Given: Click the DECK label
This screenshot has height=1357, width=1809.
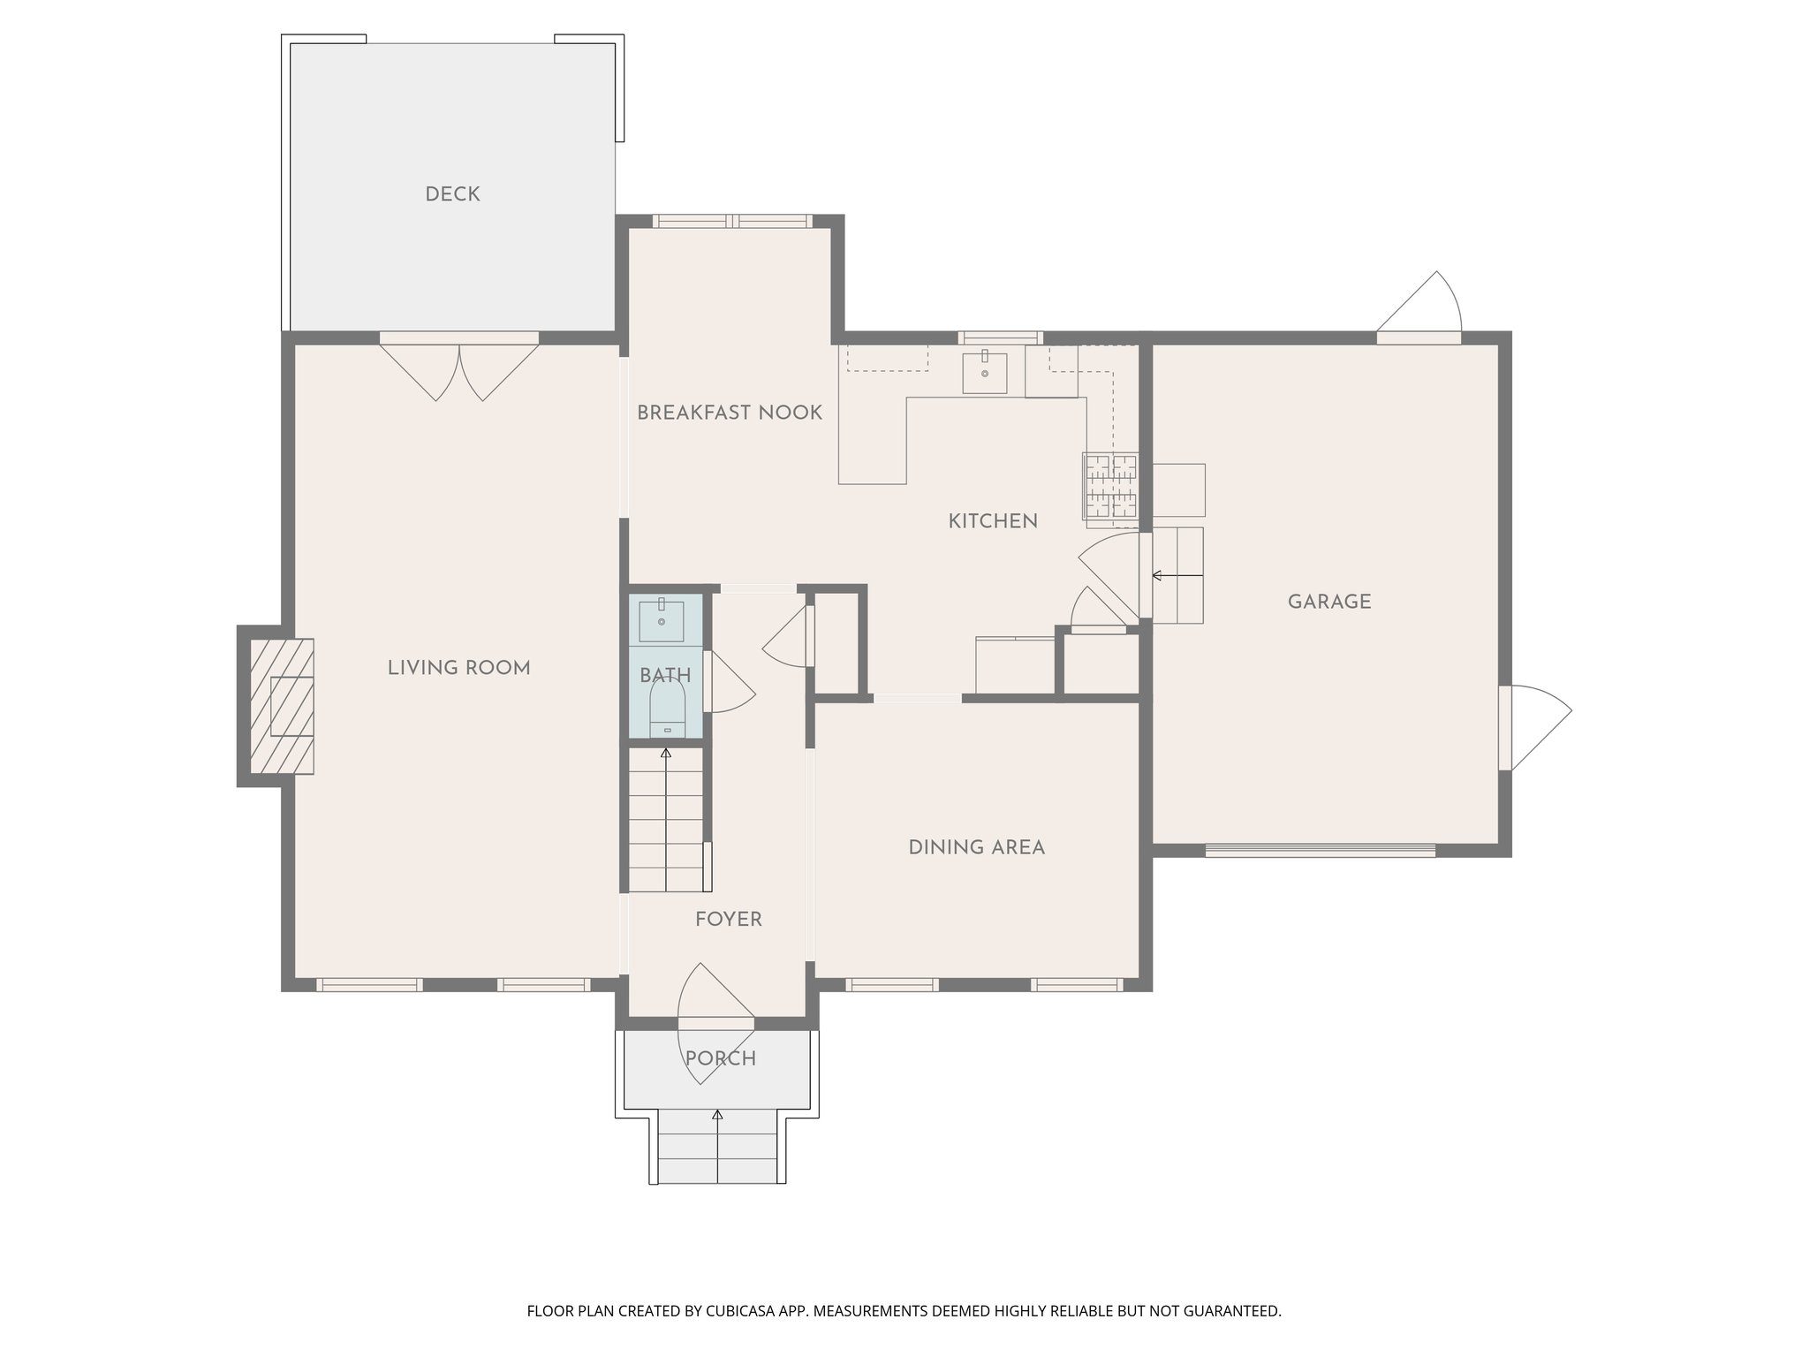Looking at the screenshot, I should pos(452,194).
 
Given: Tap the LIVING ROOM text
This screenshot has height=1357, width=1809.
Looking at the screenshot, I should pos(458,668).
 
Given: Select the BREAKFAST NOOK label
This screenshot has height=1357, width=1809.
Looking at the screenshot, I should pos(729,413).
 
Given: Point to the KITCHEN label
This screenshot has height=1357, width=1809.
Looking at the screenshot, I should pos(993,521).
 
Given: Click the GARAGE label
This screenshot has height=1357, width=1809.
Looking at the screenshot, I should pos(1328,603).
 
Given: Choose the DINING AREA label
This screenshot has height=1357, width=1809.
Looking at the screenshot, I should pos(976,848).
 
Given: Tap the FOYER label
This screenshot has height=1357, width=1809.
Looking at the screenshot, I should pos(728,920).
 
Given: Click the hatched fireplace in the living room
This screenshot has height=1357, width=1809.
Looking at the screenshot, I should pos(282,706).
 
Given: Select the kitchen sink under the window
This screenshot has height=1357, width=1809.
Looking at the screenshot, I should pos(984,371).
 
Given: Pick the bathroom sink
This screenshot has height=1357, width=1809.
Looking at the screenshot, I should pos(661,619).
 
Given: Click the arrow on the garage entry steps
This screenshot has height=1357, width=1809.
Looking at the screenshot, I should pos(1176,576).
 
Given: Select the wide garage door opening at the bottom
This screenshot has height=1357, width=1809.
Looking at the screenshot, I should pos(1320,851).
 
